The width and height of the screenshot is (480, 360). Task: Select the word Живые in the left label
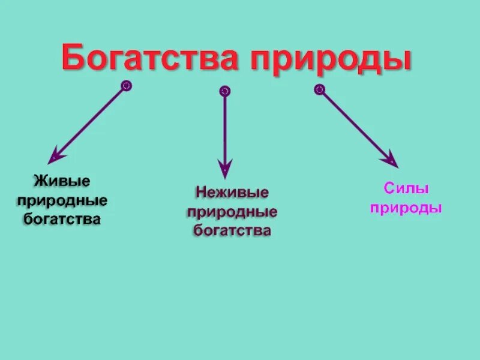[62, 180]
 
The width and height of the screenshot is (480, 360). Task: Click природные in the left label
[62, 199]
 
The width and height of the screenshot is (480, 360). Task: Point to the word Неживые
[232, 193]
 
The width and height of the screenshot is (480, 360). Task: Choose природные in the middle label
[232, 212]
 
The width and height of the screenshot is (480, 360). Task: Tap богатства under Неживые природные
[232, 230]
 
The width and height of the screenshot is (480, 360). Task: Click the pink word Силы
[406, 190]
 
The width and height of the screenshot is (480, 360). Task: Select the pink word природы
[406, 208]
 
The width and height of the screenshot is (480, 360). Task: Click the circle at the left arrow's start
[126, 86]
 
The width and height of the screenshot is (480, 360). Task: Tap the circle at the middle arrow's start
[224, 91]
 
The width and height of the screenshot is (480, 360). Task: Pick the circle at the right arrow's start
[319, 89]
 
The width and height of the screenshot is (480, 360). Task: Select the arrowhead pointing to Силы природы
[391, 160]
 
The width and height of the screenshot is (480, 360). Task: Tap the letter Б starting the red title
[73, 59]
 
